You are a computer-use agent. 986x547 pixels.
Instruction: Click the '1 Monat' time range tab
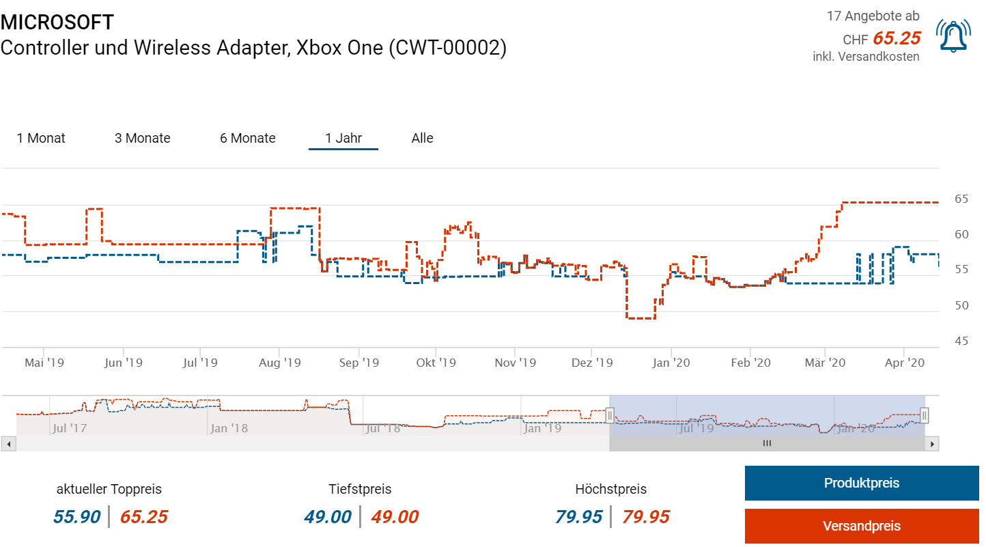[x=41, y=138]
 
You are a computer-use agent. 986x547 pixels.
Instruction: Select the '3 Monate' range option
[x=142, y=138]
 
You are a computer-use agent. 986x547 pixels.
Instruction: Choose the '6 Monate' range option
[x=247, y=138]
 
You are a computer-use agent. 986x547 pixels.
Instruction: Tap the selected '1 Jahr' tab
[x=343, y=138]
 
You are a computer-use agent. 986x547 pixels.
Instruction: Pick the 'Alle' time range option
[x=422, y=138]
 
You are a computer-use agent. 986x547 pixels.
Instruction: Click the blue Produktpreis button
[x=861, y=483]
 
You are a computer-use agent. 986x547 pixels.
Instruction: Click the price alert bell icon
[x=953, y=36]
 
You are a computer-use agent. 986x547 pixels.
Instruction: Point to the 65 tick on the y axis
[x=961, y=199]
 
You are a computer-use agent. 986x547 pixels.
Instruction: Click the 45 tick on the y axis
[x=961, y=340]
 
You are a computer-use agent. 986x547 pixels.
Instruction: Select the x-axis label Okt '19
[x=436, y=363]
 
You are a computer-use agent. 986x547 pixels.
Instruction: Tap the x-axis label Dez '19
[x=592, y=363]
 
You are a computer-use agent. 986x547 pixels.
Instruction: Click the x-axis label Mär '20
[x=825, y=363]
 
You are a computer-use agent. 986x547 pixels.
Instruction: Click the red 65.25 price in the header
[x=897, y=38]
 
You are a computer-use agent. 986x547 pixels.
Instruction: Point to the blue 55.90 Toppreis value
[x=76, y=517]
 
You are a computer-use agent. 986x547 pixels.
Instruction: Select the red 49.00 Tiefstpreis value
[x=394, y=517]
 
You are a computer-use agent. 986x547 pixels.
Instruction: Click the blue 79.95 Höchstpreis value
[x=578, y=517]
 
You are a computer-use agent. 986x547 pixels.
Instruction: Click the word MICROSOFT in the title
[x=57, y=22]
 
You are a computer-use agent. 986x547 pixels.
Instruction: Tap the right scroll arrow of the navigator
[x=932, y=444]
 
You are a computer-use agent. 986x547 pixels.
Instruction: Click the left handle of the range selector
[x=610, y=415]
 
